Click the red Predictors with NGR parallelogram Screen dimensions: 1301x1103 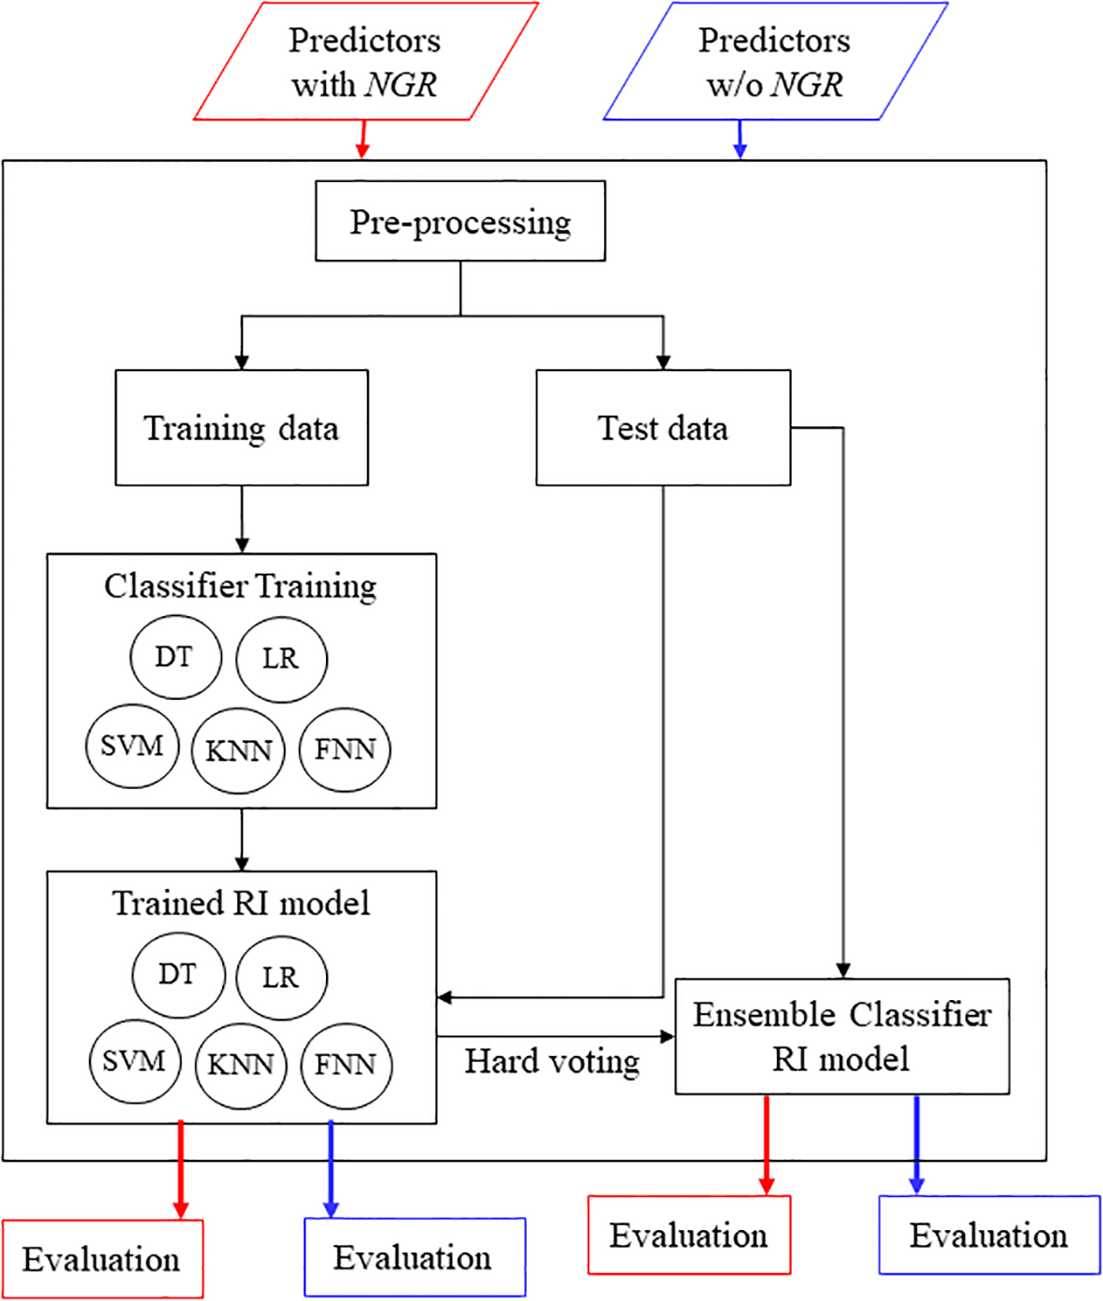[x=365, y=62]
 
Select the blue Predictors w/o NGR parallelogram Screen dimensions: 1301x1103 [x=775, y=62]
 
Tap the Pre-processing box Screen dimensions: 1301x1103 [x=460, y=222]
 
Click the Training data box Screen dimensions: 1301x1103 [x=241, y=428]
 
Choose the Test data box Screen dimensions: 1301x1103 [x=663, y=428]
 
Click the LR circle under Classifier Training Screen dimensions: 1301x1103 [x=281, y=659]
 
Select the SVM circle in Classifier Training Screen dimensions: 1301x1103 [x=132, y=747]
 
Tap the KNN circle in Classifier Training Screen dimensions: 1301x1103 [x=238, y=751]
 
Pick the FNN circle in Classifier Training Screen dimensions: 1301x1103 [x=345, y=750]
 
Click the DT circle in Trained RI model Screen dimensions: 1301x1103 [x=178, y=974]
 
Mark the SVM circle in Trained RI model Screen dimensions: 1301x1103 [x=134, y=1062]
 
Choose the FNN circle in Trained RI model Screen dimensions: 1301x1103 [x=346, y=1065]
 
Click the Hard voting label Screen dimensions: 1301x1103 [x=553, y=1062]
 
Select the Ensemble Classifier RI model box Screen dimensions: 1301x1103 [x=841, y=1036]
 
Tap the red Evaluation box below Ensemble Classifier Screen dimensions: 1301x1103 [x=689, y=1235]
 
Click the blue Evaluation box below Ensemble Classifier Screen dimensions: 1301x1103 [x=989, y=1235]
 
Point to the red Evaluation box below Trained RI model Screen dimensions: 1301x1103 [x=102, y=1259]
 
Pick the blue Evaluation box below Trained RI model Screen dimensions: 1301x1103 [x=414, y=1257]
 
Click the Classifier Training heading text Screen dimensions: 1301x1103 [x=241, y=586]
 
